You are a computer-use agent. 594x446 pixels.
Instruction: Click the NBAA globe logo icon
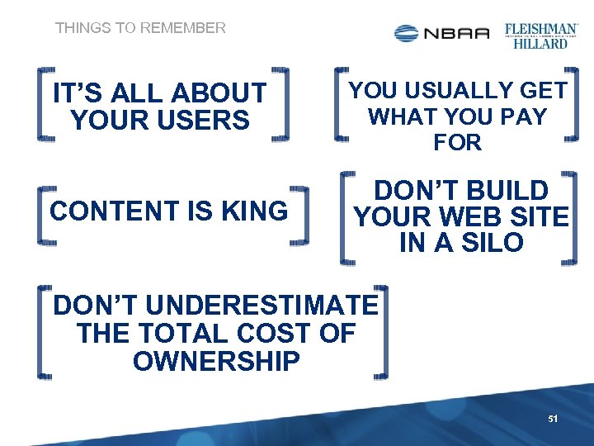click(x=406, y=33)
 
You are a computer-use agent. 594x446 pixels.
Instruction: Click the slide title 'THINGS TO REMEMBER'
click(x=140, y=28)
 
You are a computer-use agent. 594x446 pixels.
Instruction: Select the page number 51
click(x=553, y=420)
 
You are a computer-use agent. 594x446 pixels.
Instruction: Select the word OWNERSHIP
click(x=216, y=361)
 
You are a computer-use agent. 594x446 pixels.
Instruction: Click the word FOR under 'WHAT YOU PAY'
click(x=458, y=142)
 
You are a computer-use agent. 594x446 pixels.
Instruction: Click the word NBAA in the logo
click(x=457, y=33)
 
